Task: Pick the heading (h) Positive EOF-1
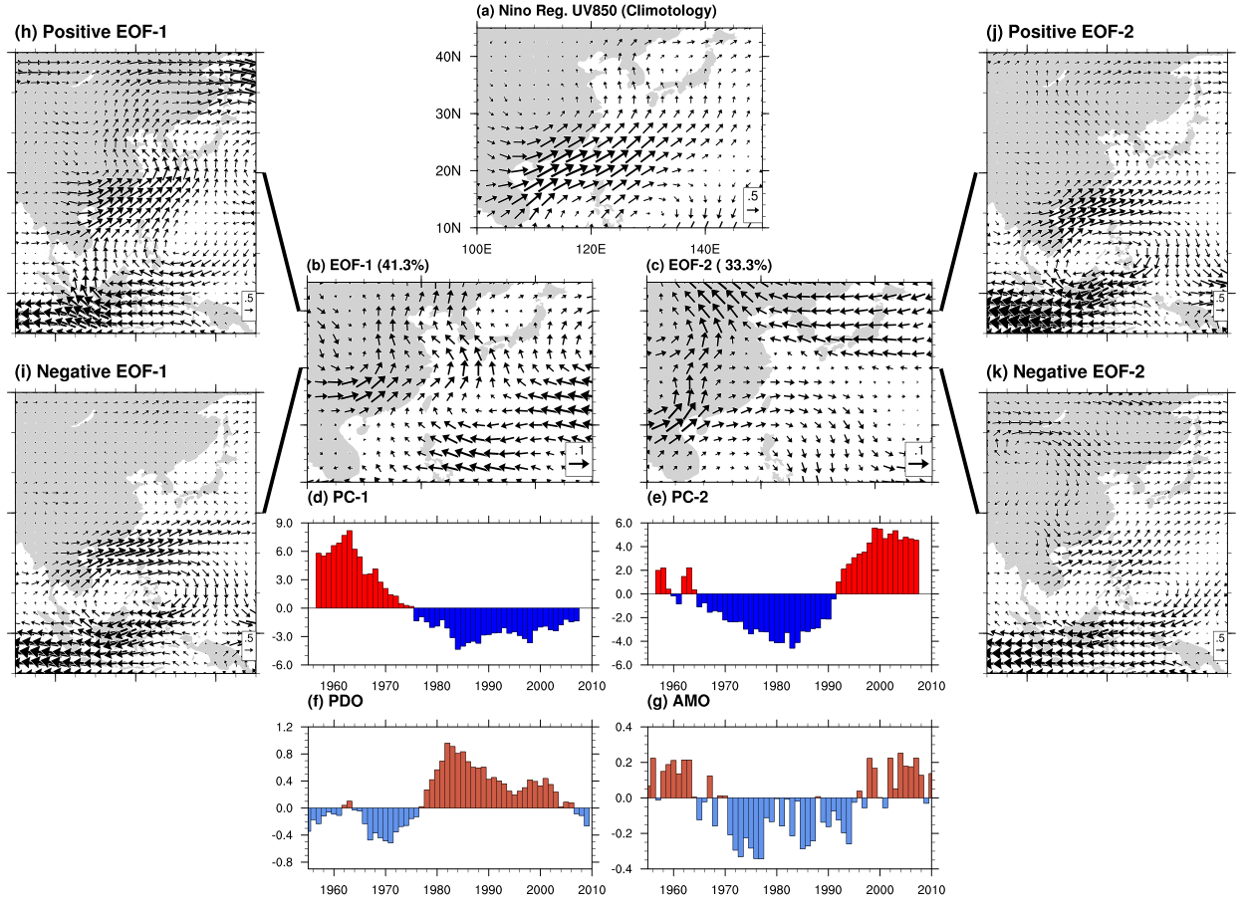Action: coord(91,32)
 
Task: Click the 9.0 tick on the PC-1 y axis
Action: coord(289,522)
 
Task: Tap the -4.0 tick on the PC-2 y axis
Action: coord(627,641)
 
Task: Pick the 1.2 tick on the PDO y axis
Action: coord(289,728)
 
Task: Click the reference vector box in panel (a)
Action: coord(753,202)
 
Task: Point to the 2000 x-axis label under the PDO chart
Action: coord(540,889)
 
